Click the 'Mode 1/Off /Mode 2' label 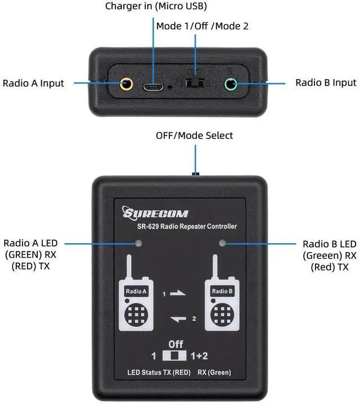point(202,26)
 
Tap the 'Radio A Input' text point(33,83)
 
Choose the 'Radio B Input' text point(326,83)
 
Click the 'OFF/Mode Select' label point(194,136)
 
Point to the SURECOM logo point(156,214)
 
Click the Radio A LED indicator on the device point(138,244)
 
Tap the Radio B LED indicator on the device point(222,244)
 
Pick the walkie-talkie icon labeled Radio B point(222,298)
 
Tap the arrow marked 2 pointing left point(178,320)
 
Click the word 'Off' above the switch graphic point(175,344)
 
